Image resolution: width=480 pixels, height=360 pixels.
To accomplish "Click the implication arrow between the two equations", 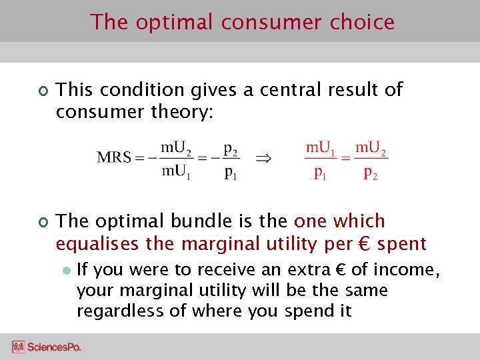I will coord(264,159).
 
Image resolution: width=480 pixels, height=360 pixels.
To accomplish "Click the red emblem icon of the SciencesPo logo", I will coord(18,347).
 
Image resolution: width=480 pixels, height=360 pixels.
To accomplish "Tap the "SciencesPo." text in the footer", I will coord(53,347).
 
